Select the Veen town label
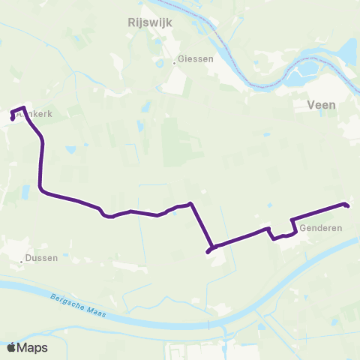[321, 106]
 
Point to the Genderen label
[320, 227]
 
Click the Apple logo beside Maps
[12, 347]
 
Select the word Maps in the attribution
[33, 347]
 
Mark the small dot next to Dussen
[22, 261]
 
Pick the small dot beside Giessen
[175, 63]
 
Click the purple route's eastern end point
[346, 204]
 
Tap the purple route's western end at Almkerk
[11, 118]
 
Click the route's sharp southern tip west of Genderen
[208, 251]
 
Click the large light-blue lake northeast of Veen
[347, 51]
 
